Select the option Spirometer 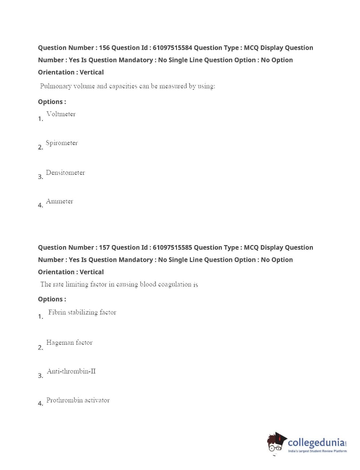(62, 143)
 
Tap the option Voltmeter (61, 114)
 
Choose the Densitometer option (65, 173)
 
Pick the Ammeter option (59, 201)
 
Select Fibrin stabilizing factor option (82, 312)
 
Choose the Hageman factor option (69, 343)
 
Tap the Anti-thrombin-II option (71, 371)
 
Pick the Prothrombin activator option (78, 400)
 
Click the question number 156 (104, 48)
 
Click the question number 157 (104, 248)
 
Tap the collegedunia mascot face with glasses (276, 443)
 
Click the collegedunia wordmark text (316, 442)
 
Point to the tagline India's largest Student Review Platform (317, 451)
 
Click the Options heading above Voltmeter (52, 102)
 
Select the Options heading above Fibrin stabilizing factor (52, 300)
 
